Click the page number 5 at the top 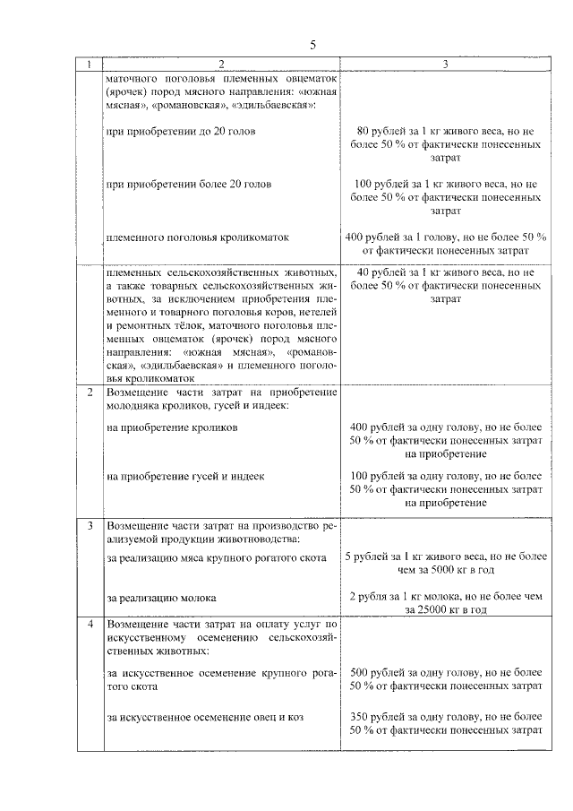(x=312, y=45)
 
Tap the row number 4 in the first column (x=89, y=623)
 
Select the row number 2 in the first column (x=89, y=393)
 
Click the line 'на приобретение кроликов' (x=171, y=428)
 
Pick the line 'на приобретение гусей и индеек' (x=185, y=476)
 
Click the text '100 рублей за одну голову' (x=411, y=476)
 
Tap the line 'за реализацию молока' (x=161, y=596)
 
